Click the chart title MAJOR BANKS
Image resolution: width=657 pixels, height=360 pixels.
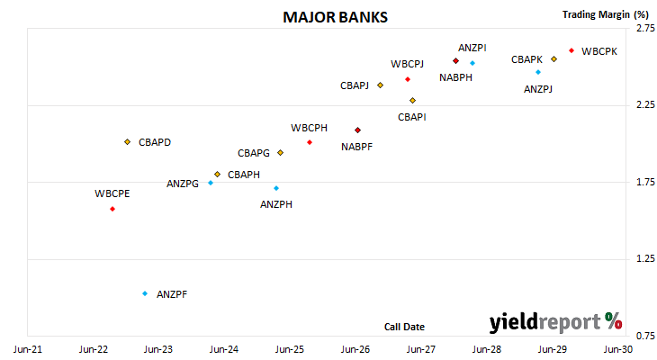[335, 18]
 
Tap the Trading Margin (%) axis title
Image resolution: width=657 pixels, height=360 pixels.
[606, 14]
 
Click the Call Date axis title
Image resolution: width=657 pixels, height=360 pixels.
[404, 327]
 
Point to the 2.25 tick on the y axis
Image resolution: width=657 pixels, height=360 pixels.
[645, 104]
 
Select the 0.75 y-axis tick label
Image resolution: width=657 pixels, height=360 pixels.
[645, 336]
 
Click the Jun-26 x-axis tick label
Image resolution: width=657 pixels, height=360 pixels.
[355, 349]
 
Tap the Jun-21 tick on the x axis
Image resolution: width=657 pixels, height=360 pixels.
[28, 349]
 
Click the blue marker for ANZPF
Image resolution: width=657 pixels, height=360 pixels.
[145, 293]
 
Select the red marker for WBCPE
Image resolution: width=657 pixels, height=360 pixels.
[112, 209]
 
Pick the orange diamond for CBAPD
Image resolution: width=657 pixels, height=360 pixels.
[128, 142]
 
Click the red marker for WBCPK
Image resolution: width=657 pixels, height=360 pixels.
[571, 50]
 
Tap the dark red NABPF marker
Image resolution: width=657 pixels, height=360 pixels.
[357, 130]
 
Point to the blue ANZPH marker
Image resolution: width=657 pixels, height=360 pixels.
[276, 188]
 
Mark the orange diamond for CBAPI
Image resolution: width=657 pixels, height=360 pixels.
[413, 101]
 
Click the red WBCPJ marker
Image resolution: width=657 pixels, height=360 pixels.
[408, 79]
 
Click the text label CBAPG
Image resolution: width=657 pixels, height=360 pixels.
[254, 153]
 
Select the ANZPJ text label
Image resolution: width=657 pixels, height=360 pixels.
[538, 89]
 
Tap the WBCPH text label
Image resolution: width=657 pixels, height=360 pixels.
[310, 128]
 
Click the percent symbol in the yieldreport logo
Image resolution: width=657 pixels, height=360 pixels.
[614, 321]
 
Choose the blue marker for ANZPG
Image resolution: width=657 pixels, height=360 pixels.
[211, 183]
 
